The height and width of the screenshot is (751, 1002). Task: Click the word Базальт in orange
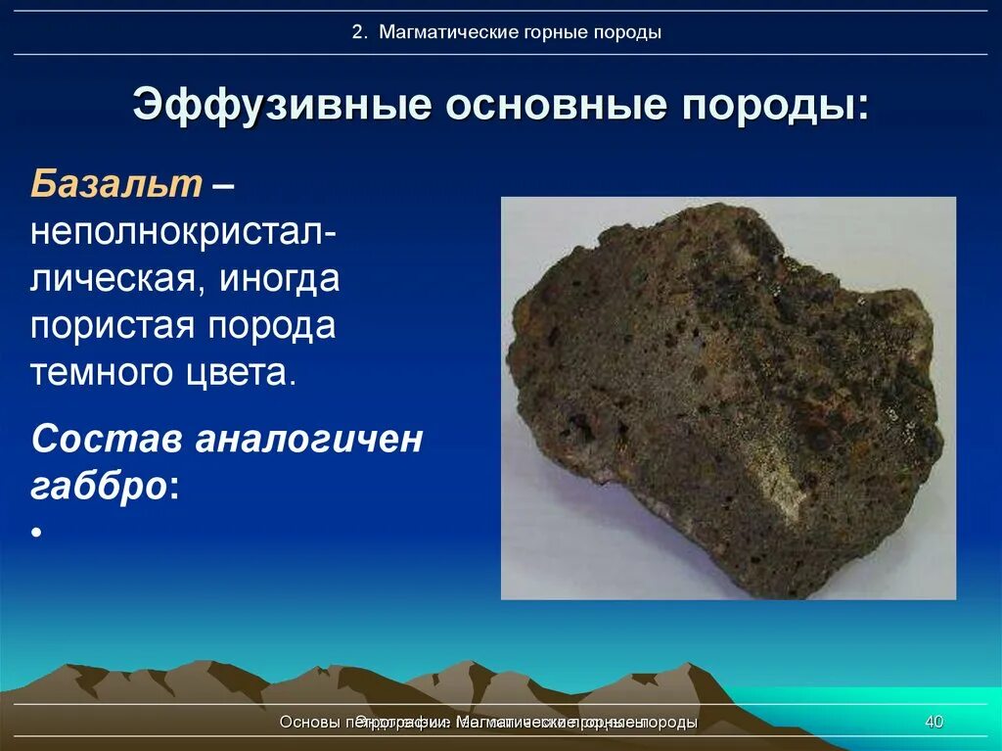[116, 183]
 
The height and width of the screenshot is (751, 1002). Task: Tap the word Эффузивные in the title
[282, 105]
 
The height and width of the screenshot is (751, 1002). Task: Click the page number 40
[934, 723]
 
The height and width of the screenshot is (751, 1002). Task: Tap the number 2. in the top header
[360, 32]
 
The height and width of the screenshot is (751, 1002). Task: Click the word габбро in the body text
[99, 487]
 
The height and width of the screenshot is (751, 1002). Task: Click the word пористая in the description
[110, 326]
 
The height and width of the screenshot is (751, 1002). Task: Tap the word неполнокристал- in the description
[185, 232]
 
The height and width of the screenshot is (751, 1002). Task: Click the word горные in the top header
[555, 32]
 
